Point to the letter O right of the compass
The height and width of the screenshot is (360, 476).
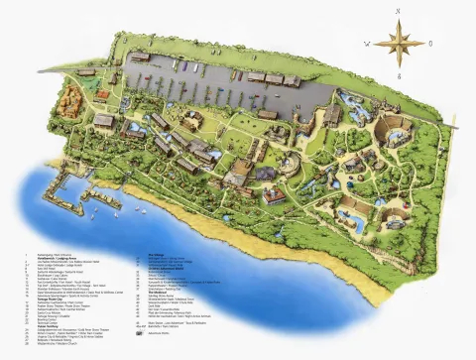pos(433,44)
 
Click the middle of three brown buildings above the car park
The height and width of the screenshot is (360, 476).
pos(273,77)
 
